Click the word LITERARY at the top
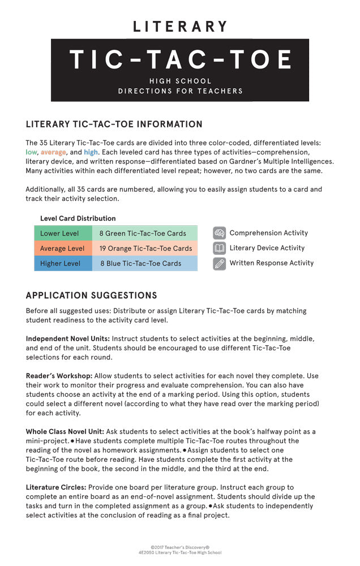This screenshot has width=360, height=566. [180, 27]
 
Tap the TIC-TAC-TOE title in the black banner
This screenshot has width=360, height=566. [180, 60]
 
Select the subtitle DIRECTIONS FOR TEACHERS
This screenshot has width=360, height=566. [180, 91]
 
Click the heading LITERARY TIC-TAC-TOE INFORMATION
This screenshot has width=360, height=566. [114, 125]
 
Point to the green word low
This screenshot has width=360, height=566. [31, 152]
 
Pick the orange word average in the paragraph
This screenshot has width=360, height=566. [53, 152]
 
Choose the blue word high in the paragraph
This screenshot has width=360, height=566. [91, 152]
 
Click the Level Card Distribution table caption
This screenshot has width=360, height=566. [78, 218]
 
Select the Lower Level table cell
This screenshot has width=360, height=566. [59, 233]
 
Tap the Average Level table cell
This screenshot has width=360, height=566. [62, 248]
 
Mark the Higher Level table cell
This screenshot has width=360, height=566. [60, 263]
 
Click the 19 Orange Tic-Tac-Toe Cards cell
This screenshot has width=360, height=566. [145, 248]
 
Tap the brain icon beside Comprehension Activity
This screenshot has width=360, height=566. [220, 233]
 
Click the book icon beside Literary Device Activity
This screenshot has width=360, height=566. [220, 248]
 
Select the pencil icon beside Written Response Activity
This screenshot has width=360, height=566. [220, 263]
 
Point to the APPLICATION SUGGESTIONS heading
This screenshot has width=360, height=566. [91, 296]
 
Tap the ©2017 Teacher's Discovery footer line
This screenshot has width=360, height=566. [180, 547]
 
